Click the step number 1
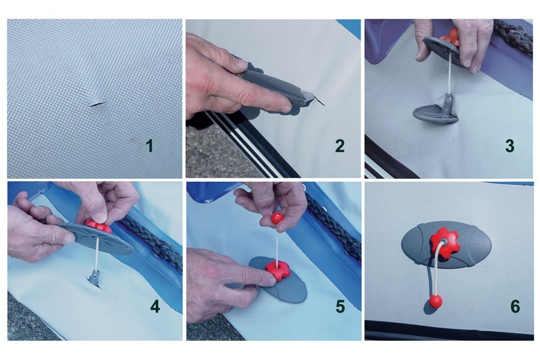tap(149, 146)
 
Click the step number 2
tap(340, 146)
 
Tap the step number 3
tap(509, 146)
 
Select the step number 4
tap(155, 306)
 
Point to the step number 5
tap(340, 306)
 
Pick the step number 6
tap(515, 306)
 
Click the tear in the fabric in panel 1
tap(99, 103)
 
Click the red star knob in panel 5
tap(277, 270)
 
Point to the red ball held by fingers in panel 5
tap(277, 218)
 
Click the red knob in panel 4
tap(99, 226)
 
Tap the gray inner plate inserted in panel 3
tap(436, 114)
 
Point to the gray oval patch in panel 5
tap(278, 279)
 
